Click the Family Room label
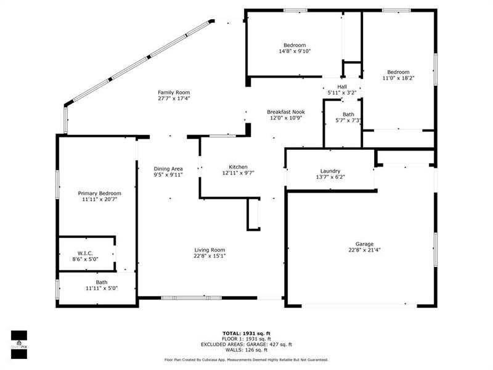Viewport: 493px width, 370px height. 174,92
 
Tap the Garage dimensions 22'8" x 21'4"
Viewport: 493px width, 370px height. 364,250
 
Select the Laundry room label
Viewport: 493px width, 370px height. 330,171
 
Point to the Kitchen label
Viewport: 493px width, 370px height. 238,167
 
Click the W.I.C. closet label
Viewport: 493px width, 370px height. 85,253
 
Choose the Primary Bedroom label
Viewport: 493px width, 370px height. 99,194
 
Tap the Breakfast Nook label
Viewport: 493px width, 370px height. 286,112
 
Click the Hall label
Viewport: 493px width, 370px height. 342,87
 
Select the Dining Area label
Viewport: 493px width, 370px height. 168,169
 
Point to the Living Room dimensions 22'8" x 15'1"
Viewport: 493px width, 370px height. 210,256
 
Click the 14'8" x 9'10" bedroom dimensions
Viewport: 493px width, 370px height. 295,51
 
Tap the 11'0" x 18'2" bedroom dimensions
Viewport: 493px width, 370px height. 398,78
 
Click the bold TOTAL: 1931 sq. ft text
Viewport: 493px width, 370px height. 246,334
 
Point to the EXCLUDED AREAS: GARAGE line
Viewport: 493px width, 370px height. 246,345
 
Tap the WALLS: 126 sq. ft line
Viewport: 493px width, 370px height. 246,350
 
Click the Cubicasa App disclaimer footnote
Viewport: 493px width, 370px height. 246,360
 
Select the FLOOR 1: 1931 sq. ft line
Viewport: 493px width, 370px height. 246,339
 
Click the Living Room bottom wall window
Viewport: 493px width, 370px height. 192,298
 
